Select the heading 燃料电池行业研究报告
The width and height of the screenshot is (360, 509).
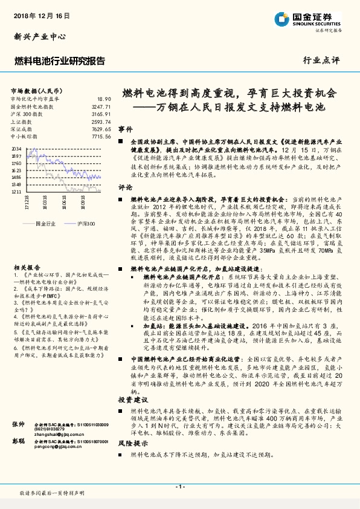pyautogui.click(x=59, y=61)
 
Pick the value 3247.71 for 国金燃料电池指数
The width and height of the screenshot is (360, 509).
pyautogui.click(x=101, y=106)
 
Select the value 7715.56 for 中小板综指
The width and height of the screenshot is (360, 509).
pyautogui.click(x=101, y=137)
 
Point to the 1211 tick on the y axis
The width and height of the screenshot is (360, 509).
pyautogui.click(x=16, y=192)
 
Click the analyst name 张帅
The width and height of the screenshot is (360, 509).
pyautogui.click(x=18, y=425)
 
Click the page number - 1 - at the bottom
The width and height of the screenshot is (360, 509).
pyautogui.click(x=179, y=487)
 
